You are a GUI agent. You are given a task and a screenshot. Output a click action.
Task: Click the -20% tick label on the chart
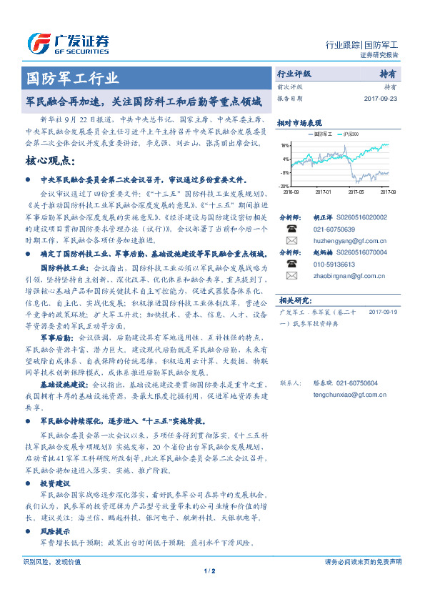(284, 186)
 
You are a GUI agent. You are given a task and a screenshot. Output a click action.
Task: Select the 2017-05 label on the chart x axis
(355, 192)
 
